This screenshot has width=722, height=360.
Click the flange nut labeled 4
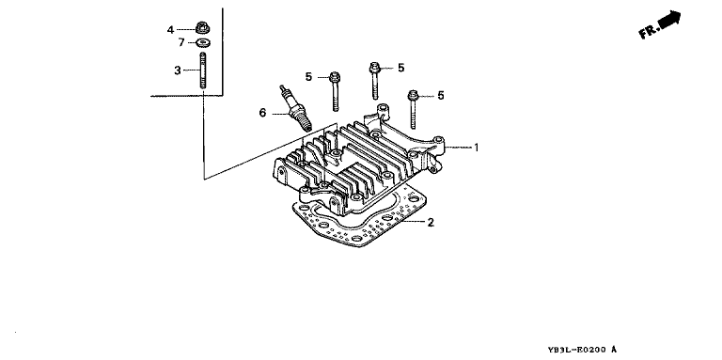202,27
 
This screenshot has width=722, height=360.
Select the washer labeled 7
203,43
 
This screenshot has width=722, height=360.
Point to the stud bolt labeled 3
203,70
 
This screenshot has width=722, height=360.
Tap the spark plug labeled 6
296,108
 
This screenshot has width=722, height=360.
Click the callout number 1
477,148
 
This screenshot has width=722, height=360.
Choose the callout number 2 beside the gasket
430,223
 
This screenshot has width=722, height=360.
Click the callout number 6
262,113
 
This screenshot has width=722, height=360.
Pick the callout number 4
170,30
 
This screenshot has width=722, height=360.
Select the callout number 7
181,43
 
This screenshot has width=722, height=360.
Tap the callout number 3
178,70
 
